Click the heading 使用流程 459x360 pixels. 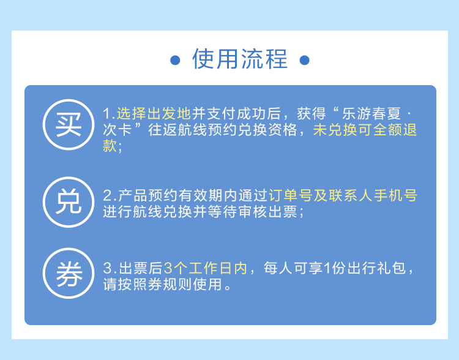point(240,59)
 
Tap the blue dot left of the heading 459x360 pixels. point(175,61)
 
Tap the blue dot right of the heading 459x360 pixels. point(304,61)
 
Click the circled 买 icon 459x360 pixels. point(69,124)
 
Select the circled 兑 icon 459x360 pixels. point(69,202)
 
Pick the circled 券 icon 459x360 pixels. point(69,273)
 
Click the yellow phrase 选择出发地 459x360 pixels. point(154,114)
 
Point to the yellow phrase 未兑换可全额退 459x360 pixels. point(365,130)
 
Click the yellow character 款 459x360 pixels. point(110,146)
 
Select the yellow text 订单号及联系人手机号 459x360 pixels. point(343,195)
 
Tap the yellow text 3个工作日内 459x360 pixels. point(205,268)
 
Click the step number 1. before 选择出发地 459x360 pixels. point(109,114)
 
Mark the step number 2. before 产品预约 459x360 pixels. point(110,195)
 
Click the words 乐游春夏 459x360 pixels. point(371,114)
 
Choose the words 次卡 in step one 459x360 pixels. point(117,130)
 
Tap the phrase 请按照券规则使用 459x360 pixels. point(162,285)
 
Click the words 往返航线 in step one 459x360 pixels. point(177,130)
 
